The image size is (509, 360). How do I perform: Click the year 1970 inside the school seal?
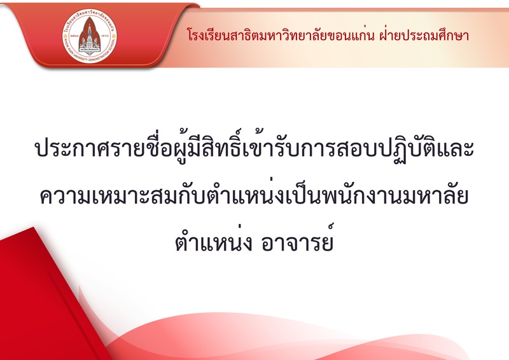click(106, 36)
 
